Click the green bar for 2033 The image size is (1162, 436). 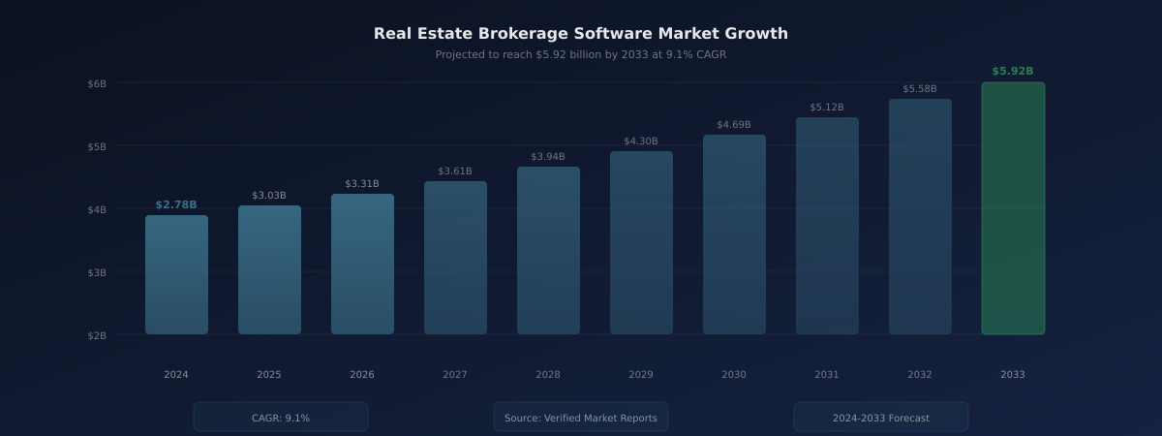point(1013,208)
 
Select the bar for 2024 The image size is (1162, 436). point(176,274)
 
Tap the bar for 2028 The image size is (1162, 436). point(548,250)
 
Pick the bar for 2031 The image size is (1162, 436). point(827,226)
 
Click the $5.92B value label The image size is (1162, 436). point(1013,72)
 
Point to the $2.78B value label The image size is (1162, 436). point(176,205)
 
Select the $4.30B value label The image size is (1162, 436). point(641,141)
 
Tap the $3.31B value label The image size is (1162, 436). point(362,184)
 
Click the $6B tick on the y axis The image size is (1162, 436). point(97,83)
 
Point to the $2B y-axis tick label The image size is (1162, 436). point(97,335)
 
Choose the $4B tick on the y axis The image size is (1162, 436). point(97,209)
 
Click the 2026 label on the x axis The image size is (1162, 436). point(362,375)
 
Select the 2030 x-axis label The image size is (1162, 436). point(734,375)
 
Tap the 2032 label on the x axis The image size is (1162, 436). point(920,375)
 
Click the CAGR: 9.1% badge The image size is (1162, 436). point(281,418)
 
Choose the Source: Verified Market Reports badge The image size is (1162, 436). point(581,418)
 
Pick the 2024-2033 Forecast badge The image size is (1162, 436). point(881,418)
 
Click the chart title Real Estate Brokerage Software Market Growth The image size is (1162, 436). point(581,34)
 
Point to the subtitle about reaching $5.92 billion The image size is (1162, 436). point(581,55)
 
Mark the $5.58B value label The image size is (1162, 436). point(920,89)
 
